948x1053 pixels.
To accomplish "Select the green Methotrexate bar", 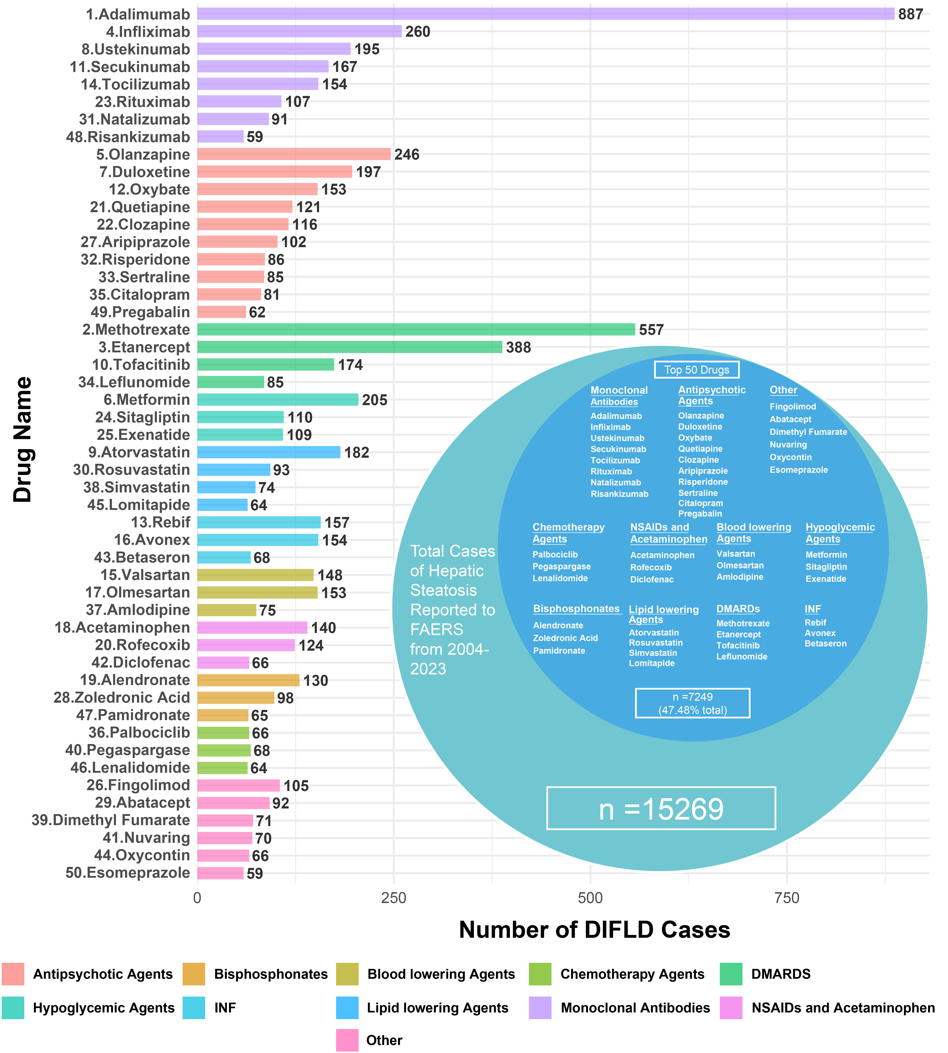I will point(416,329).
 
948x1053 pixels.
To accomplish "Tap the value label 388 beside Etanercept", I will point(518,348).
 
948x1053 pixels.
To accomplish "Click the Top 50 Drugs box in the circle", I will point(696,370).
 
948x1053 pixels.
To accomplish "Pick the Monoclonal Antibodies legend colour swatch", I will point(540,1008).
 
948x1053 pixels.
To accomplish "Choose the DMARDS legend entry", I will point(780,974).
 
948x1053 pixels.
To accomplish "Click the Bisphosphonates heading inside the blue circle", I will point(576,609).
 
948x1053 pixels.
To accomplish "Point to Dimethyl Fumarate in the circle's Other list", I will point(808,432).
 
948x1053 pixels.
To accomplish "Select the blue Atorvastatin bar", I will point(268,452).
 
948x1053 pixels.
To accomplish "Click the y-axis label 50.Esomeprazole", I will point(128,873).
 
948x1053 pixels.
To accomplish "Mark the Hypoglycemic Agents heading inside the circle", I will point(840,533).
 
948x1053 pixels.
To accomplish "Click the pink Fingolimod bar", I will point(238,785).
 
